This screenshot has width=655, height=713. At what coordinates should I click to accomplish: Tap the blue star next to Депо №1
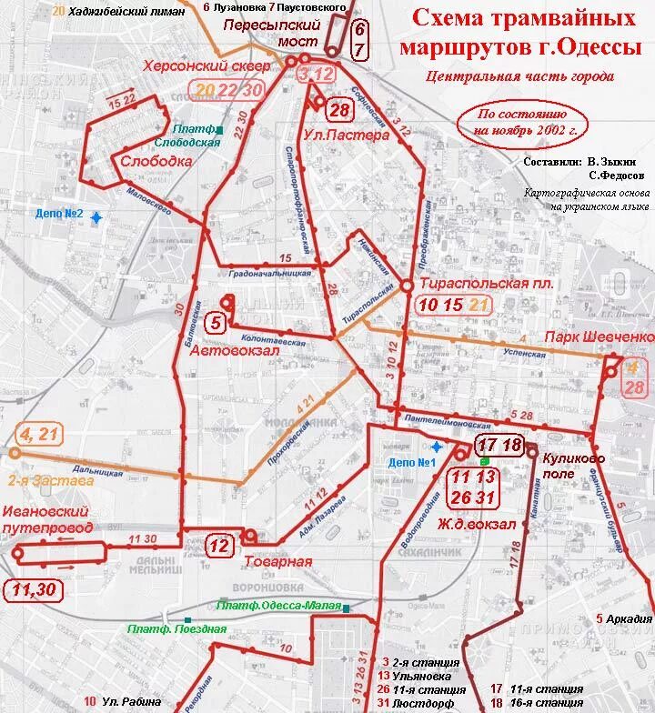click(x=437, y=447)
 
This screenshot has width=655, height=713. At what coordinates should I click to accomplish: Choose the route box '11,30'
click(x=34, y=590)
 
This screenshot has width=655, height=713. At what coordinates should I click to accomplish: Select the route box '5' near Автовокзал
click(x=216, y=321)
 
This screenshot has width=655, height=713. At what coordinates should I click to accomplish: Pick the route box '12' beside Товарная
click(x=219, y=546)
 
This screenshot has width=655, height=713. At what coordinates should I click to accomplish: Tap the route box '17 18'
click(x=499, y=445)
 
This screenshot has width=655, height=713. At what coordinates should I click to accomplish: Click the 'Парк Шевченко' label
click(x=600, y=337)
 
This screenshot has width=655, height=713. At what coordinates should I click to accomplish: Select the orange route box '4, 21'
click(x=36, y=434)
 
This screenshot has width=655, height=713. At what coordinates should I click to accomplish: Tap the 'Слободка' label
click(x=156, y=160)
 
